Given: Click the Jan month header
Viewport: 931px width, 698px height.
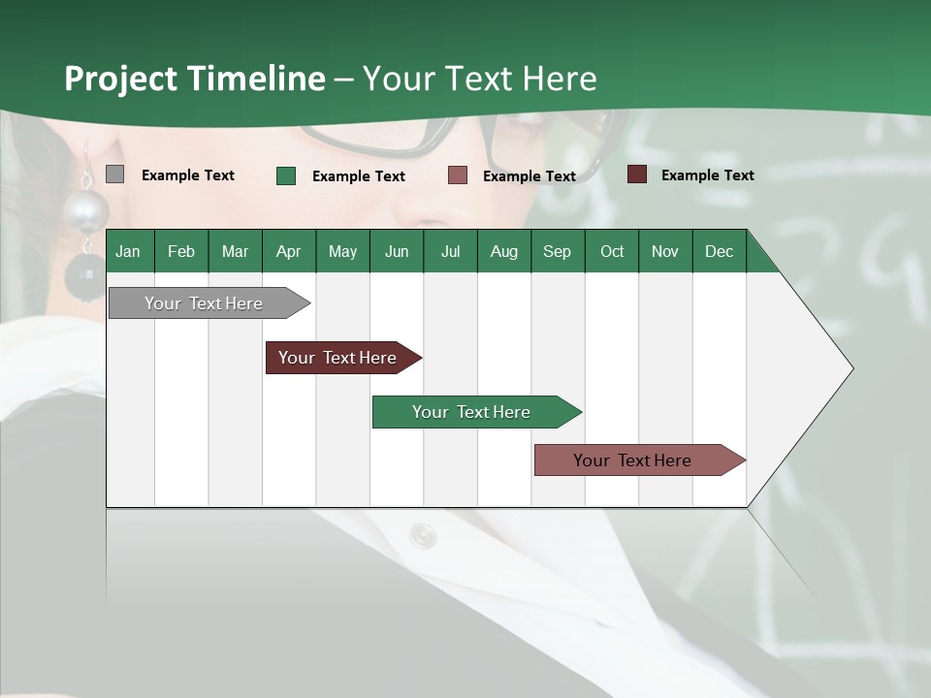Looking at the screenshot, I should [128, 251].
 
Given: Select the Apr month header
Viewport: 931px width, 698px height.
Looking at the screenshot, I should [288, 251].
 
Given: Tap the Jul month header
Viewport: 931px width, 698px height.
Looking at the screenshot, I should [450, 251].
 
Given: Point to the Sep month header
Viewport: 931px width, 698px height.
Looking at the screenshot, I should [557, 251].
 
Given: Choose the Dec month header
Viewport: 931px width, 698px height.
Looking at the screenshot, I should [719, 251].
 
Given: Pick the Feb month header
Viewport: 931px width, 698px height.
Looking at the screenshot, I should [181, 251].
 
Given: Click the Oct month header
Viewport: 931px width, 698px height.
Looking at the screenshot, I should [612, 251].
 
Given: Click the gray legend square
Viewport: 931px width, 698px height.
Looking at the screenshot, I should [114, 174].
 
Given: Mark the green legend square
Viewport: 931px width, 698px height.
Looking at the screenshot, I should [286, 175].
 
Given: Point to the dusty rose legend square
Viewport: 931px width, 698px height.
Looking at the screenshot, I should [458, 175].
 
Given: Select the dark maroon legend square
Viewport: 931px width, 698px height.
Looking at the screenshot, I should [637, 174].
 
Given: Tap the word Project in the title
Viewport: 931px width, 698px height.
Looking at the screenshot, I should [121, 79].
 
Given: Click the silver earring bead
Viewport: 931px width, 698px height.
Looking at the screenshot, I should [86, 209].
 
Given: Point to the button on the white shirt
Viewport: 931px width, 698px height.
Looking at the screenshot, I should [423, 534].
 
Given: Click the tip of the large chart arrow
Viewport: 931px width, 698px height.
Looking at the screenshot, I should [851, 368].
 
